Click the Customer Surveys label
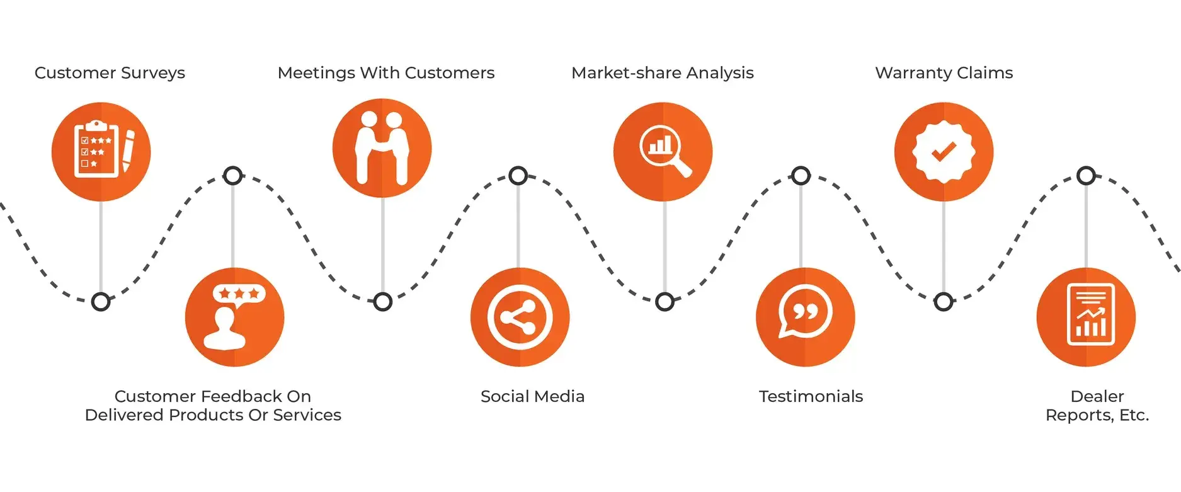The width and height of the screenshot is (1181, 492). [110, 73]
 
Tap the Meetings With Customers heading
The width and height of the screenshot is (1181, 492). [385, 73]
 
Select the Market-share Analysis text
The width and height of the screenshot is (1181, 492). [662, 73]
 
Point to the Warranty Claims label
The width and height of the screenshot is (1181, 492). [944, 73]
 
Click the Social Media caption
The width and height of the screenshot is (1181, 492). [532, 396]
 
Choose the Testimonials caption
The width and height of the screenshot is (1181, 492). [811, 396]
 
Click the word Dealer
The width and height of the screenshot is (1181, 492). [1097, 396]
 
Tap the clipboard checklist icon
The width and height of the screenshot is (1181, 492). [96, 150]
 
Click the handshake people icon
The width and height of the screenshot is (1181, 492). [382, 148]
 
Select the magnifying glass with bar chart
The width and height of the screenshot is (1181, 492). [663, 152]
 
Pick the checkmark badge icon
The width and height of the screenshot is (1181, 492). [944, 152]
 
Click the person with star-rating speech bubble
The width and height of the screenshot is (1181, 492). [234, 317]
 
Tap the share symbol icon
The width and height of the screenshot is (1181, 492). [520, 317]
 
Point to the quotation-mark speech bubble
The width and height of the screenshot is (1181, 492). [805, 312]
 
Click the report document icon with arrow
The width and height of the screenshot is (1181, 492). [1090, 315]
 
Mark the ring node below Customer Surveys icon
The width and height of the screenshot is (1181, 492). [101, 302]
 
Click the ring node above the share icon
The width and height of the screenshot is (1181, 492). [518, 176]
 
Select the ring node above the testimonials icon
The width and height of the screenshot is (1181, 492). [801, 176]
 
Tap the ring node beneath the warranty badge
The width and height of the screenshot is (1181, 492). [943, 302]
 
